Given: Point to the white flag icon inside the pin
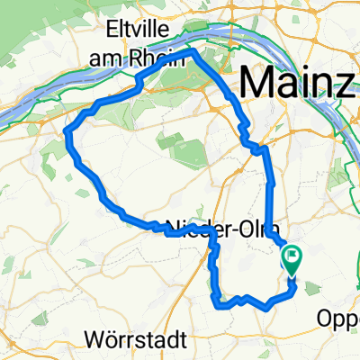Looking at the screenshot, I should coord(293,256).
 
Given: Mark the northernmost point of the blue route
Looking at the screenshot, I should coord(194,51).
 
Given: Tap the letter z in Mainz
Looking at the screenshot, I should coord(343,85).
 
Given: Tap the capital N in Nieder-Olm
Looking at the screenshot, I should coord(174,227).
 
